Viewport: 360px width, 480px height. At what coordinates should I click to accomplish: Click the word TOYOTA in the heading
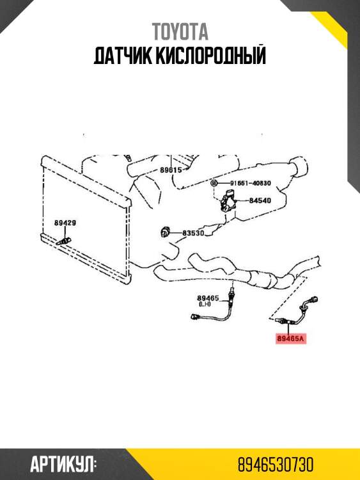(x=180, y=32)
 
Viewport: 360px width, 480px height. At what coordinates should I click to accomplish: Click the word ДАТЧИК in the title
(x=123, y=56)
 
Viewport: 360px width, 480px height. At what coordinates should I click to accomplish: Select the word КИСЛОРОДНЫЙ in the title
(x=211, y=56)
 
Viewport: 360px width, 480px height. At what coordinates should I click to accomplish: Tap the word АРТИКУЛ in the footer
(x=62, y=465)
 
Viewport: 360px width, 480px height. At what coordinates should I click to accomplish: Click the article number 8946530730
(x=276, y=465)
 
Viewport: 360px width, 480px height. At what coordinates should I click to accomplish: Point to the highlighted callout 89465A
(x=291, y=339)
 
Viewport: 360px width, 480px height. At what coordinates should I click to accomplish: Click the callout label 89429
(x=65, y=223)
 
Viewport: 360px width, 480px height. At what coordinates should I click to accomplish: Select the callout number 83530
(x=193, y=233)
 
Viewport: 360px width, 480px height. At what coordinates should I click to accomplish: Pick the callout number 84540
(x=260, y=200)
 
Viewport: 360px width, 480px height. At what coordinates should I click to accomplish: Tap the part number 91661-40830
(x=251, y=184)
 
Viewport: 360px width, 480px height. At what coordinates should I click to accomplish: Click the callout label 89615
(x=171, y=170)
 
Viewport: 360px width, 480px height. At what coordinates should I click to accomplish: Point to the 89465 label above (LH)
(x=208, y=298)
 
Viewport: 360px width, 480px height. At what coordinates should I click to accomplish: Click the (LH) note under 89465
(x=205, y=304)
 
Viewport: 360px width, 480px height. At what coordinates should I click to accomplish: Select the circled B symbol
(x=214, y=184)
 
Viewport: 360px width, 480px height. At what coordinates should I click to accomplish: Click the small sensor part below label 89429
(x=63, y=241)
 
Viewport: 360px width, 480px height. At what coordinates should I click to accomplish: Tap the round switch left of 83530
(x=166, y=233)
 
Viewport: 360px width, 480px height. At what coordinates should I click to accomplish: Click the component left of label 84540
(x=228, y=200)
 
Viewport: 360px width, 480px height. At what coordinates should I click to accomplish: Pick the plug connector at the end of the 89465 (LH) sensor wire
(x=195, y=316)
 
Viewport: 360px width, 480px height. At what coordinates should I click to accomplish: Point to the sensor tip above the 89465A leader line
(x=279, y=320)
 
